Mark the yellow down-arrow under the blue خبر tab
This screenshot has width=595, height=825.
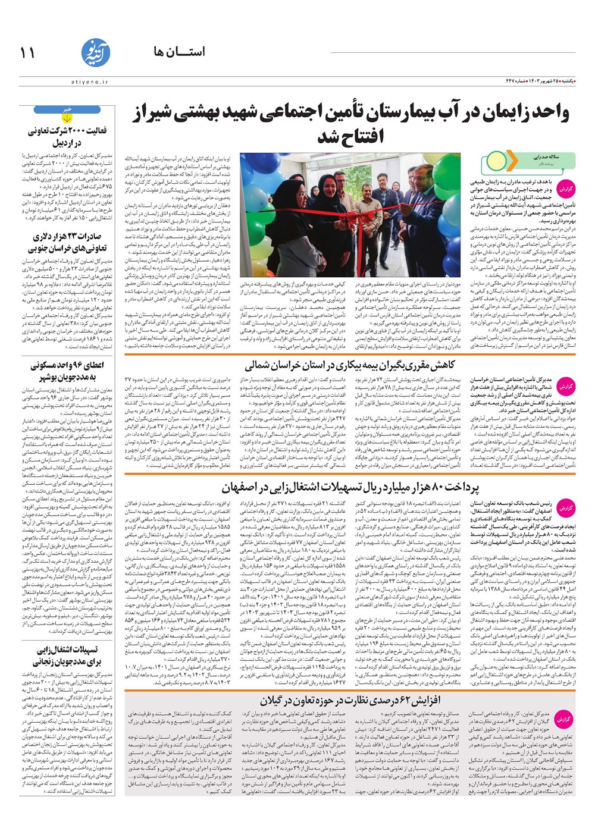[x=67, y=118]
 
